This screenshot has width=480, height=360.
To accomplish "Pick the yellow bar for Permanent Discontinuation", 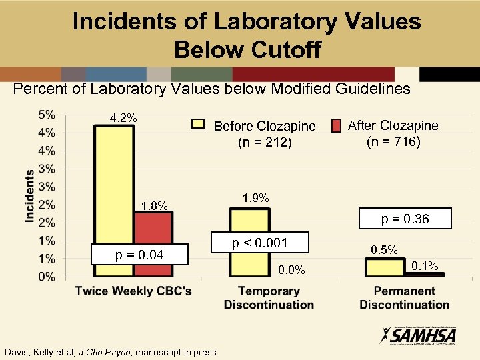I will tap(385, 267).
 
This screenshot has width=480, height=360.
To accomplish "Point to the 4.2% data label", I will tap(124, 118).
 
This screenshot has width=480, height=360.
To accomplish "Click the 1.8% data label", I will tap(154, 205).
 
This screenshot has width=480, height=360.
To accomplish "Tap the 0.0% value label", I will tap(291, 269).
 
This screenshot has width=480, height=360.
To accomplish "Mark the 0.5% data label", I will tap(384, 250).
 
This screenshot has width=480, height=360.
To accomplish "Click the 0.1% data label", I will tap(425, 266).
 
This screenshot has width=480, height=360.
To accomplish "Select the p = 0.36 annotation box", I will tap(405, 219).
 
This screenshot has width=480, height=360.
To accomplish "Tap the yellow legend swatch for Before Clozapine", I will tap(198, 123).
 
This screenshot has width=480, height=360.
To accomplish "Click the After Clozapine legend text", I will tap(393, 133).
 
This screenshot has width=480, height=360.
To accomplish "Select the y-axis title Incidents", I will tap(30, 195).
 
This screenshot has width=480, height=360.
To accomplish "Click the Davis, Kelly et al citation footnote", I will tap(111, 351).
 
